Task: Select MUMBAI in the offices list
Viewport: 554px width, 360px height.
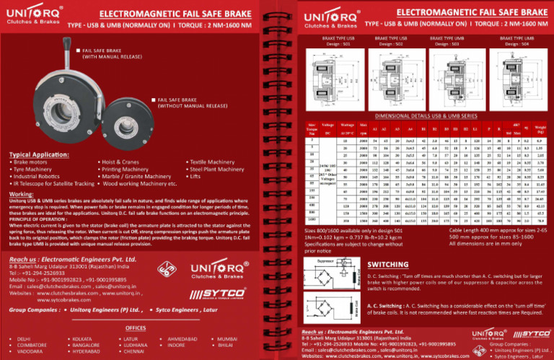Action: [227, 338]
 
